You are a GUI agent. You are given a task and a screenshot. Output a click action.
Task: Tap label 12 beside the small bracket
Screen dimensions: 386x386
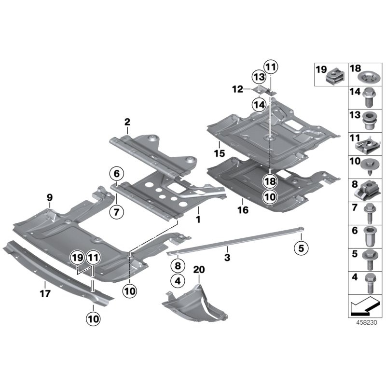click(237, 89)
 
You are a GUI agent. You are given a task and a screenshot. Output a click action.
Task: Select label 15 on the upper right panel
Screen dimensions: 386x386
click(220, 154)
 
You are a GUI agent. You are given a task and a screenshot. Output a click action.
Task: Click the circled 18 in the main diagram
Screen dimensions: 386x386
click(270, 181)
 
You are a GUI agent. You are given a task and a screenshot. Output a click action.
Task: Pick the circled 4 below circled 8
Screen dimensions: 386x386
click(177, 280)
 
